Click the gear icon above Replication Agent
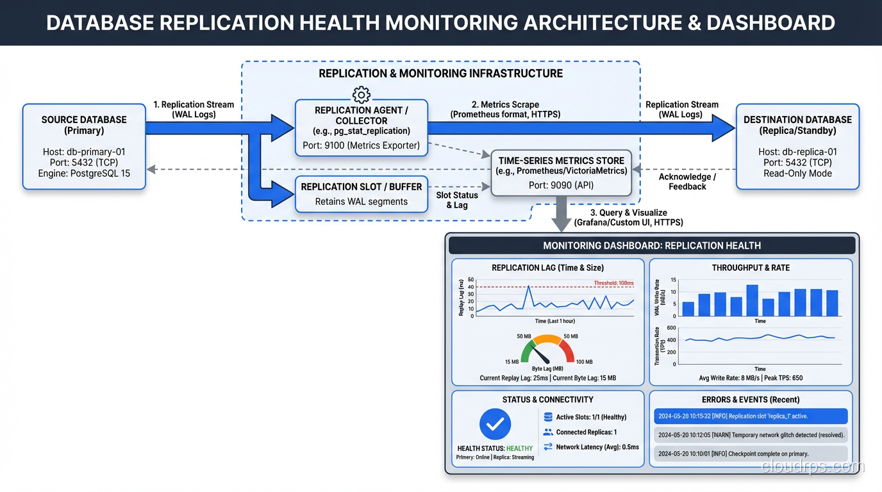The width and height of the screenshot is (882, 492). click(362, 95)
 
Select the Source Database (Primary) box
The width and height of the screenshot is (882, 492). click(84, 147)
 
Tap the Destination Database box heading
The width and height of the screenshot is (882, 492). click(797, 125)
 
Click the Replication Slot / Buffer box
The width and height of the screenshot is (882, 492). click(362, 193)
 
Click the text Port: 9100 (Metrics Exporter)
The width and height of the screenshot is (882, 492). click(362, 145)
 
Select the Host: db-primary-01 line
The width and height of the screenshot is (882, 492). click(84, 152)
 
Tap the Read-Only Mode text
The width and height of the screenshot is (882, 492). click(797, 173)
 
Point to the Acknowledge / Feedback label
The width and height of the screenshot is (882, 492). click(687, 181)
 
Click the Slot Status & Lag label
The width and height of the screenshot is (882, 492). click(457, 200)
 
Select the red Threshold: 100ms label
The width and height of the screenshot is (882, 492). click(613, 283)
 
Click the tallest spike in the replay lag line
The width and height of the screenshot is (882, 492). click(528, 286)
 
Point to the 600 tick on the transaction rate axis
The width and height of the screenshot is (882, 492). click(672, 328)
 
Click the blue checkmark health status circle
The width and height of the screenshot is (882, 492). click(495, 424)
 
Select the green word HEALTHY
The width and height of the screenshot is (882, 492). click(519, 448)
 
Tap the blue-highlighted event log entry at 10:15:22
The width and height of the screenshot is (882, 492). click(751, 416)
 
